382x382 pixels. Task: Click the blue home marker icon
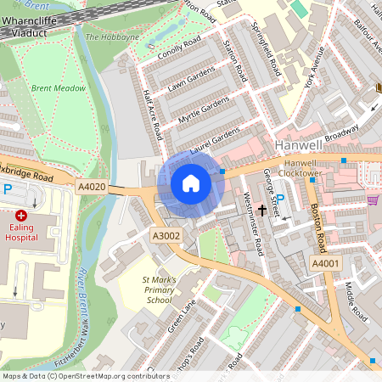[191, 183]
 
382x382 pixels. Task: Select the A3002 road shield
[166, 235]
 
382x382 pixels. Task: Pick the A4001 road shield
[325, 264]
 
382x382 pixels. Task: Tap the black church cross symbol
[262, 208]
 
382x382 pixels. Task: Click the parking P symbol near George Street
[279, 198]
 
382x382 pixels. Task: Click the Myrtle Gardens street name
[204, 110]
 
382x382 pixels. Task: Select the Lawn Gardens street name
[191, 81]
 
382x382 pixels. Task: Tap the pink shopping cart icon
[373, 200]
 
